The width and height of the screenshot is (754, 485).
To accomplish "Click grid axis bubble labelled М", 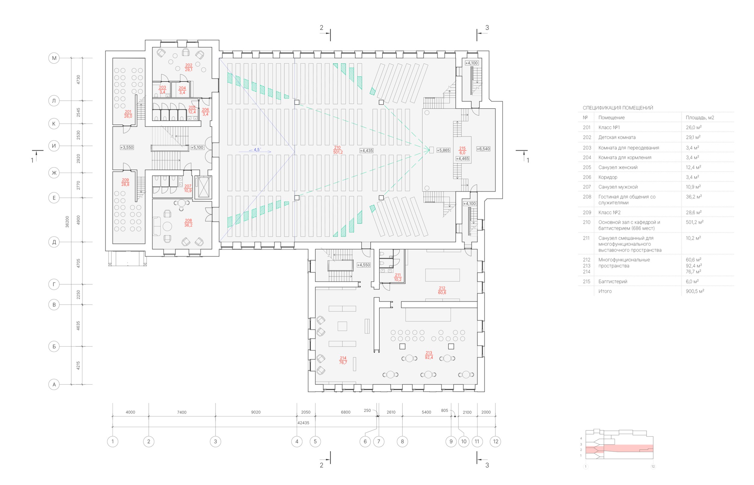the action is click(x=54, y=58).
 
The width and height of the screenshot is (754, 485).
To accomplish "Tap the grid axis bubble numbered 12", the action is click(x=496, y=441).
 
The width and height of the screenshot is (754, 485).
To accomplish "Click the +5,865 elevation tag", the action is click(x=443, y=150).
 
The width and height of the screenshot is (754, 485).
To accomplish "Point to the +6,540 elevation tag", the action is click(x=483, y=149).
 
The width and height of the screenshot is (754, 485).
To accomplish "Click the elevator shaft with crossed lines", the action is click(x=204, y=187).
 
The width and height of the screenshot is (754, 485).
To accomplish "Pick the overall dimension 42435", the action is click(x=303, y=423).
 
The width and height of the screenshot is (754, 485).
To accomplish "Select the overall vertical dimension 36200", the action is click(x=67, y=222).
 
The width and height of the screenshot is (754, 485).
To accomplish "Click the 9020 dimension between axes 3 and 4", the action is click(x=256, y=412).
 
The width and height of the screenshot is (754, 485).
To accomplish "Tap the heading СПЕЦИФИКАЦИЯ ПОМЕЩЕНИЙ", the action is click(x=618, y=108).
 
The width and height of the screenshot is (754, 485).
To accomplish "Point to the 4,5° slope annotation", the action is click(x=257, y=150).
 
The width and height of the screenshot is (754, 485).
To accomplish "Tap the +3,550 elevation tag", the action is click(x=127, y=147).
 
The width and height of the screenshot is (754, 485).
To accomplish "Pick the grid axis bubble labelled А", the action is click(x=54, y=384).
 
